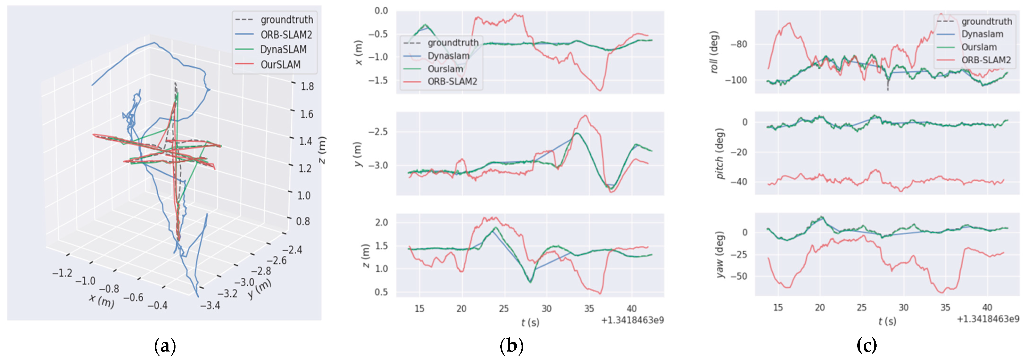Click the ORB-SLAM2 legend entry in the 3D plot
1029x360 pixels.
[286, 35]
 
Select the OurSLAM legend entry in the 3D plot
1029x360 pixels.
[280, 64]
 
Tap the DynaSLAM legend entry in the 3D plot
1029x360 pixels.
[283, 49]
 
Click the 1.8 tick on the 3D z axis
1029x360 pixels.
[307, 86]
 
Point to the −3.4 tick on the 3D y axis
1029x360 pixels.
[210, 306]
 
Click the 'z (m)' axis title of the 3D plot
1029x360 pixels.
[322, 150]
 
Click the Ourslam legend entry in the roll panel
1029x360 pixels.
[979, 47]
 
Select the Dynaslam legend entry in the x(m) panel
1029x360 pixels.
[448, 56]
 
